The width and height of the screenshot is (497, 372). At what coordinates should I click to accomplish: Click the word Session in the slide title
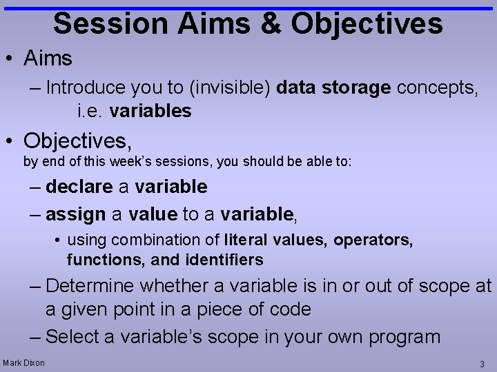pyautogui.click(x=110, y=23)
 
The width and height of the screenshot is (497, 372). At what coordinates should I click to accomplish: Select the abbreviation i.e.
pyautogui.click(x=90, y=111)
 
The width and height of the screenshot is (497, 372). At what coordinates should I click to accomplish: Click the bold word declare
pyautogui.click(x=79, y=187)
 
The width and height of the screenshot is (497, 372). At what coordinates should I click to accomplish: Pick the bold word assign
pyautogui.click(x=75, y=214)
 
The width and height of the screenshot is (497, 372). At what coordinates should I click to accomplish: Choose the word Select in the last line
pyautogui.click(x=73, y=337)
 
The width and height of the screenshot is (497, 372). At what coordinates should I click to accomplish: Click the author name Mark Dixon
pyautogui.click(x=23, y=362)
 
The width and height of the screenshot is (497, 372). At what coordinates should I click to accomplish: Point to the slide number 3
pyautogui.click(x=482, y=363)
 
